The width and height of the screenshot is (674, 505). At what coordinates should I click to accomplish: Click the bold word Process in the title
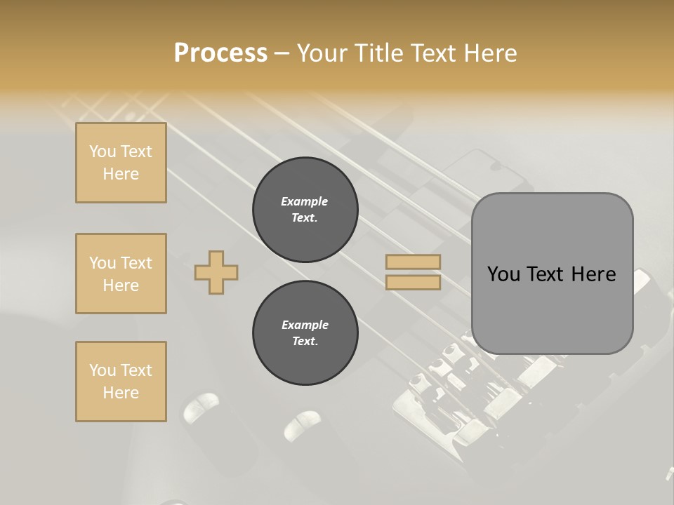point(220,53)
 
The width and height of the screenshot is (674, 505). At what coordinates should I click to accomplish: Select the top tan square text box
point(121,163)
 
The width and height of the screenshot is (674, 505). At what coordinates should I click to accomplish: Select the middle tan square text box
point(121,274)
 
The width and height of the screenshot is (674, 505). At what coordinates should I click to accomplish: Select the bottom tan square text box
point(121,382)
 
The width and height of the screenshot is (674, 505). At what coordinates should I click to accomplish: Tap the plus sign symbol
point(216,272)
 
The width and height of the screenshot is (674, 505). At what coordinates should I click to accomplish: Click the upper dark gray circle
point(305,210)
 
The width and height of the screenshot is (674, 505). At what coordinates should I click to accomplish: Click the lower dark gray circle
point(305,333)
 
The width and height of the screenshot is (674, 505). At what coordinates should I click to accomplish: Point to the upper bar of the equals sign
point(414,262)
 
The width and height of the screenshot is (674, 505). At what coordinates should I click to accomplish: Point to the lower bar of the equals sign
point(414,283)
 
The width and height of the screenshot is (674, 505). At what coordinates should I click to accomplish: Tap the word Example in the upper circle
point(305,201)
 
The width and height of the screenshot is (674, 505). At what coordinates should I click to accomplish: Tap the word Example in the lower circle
point(305,325)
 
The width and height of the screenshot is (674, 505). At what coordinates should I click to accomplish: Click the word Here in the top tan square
point(121,174)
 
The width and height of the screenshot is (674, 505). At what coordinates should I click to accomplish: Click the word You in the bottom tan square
point(103,370)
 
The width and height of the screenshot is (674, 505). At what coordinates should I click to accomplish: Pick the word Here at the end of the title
point(491,53)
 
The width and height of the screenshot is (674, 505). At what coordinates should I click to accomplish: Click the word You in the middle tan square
point(103,263)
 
